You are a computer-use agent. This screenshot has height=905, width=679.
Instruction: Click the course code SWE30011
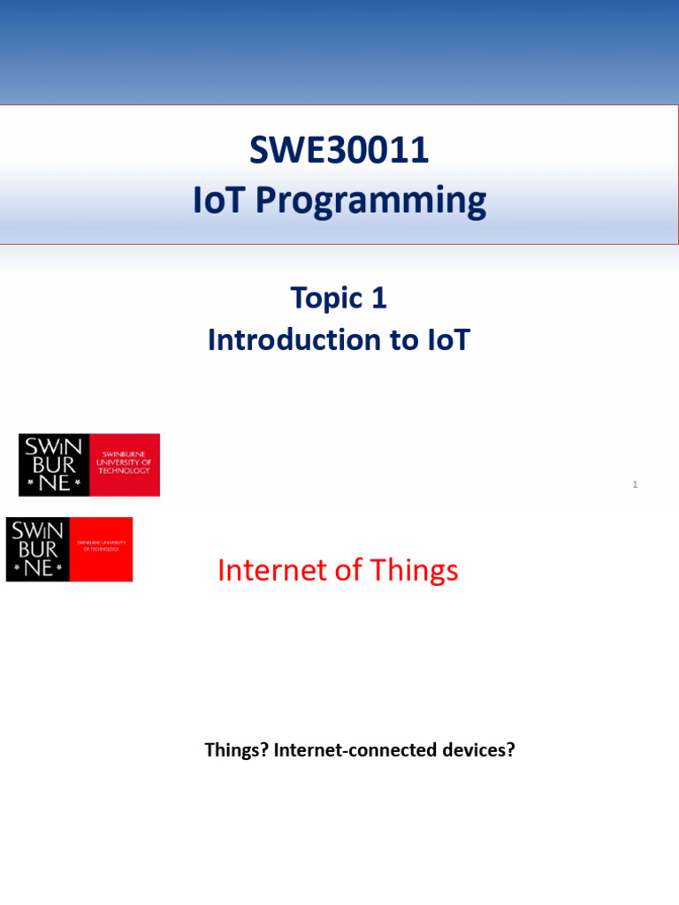tap(339, 151)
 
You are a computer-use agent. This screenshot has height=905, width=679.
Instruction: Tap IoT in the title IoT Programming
tap(220, 201)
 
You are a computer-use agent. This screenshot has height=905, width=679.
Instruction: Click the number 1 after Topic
tap(379, 299)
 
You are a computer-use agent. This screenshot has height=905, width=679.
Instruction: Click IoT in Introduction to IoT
tap(449, 340)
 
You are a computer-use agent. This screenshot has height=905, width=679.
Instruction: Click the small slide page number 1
tap(635, 484)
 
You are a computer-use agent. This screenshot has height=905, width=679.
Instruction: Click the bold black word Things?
tap(236, 750)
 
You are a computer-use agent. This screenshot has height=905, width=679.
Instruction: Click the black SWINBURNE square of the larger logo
tap(55, 465)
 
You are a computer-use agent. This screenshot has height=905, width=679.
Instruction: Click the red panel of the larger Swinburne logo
tap(125, 465)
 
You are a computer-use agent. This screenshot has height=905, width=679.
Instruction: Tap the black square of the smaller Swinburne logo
tap(37, 549)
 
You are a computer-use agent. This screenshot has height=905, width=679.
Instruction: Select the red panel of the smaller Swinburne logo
tap(101, 549)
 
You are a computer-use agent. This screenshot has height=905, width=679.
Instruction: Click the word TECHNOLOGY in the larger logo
tap(125, 471)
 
